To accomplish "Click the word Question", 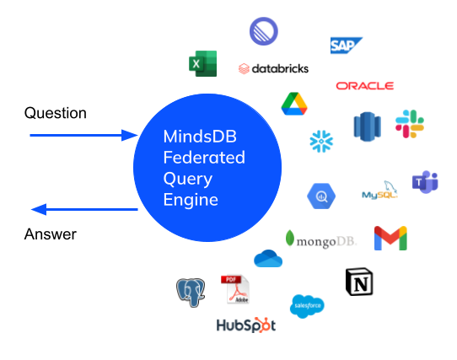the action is tap(56, 113).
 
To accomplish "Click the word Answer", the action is tap(51, 234).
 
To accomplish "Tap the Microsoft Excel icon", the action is tap(203, 63).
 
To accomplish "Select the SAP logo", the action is tap(347, 46).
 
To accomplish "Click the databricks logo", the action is tap(273, 69).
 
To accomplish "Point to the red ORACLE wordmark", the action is tap(365, 86).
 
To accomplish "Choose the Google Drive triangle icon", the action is tap(294, 104).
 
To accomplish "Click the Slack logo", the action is tap(410, 124).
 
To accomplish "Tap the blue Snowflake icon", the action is tap(321, 141).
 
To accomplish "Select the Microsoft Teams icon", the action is tap(425, 182).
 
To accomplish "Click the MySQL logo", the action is tap(379, 190).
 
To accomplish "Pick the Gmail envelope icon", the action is tap(390, 238).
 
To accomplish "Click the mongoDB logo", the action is tap(321, 239).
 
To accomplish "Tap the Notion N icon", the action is tap(359, 282).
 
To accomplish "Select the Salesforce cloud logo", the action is tap(307, 306).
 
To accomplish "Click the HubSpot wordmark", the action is tap(246, 325).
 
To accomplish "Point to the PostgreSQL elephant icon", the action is tap(191, 292).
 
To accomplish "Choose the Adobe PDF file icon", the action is tap(235, 289).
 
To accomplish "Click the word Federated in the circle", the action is tap(204, 158).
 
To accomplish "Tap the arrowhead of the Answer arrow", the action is tap(39, 209).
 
